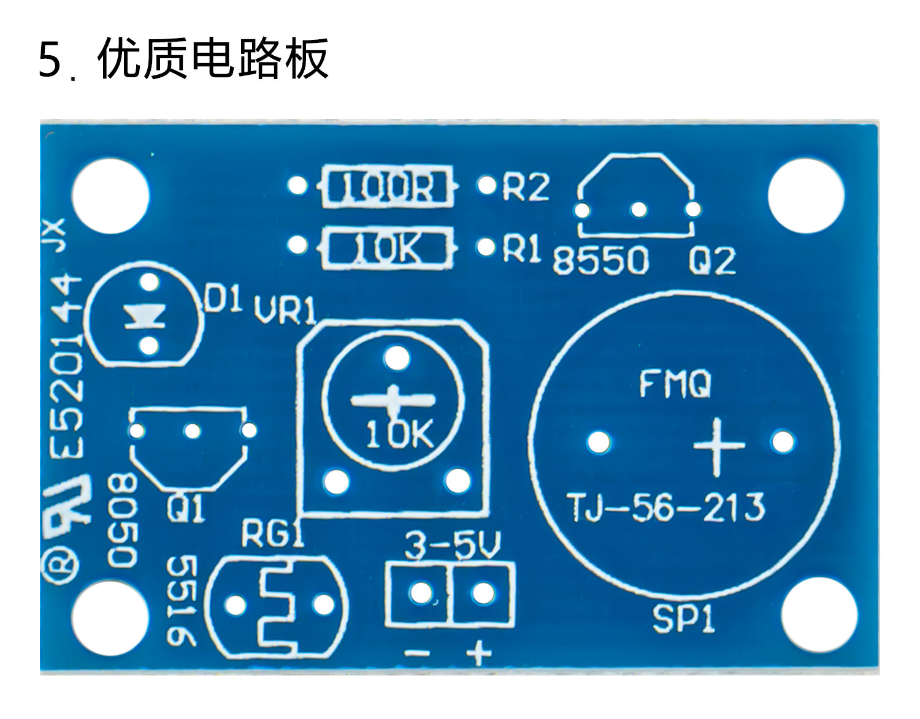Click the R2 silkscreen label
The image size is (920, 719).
(x=526, y=186)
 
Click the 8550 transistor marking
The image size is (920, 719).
(x=600, y=261)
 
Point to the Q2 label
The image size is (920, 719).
(x=711, y=261)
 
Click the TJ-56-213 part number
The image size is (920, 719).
(x=667, y=508)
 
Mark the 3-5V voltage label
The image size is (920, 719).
(x=453, y=545)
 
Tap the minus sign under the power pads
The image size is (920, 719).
(x=418, y=653)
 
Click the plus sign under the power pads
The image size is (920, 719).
(x=479, y=653)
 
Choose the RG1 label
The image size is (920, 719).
(x=272, y=534)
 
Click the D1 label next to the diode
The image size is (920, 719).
(x=221, y=302)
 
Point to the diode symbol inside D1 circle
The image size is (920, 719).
(x=146, y=317)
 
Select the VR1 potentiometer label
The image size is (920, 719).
(x=286, y=311)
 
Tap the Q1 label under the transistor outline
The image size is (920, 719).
(x=185, y=510)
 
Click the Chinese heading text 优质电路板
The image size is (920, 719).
(x=212, y=59)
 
